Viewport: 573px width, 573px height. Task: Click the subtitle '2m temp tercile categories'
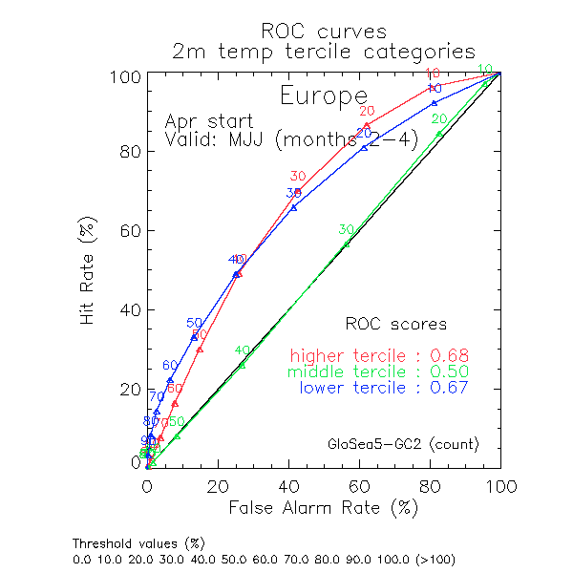322,51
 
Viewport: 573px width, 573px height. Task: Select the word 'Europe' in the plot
323,95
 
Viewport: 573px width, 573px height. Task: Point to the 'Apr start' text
209,121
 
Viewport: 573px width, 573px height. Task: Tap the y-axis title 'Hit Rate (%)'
88,268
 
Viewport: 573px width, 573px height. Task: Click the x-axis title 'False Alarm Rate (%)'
323,508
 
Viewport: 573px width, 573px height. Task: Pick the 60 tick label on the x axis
359,485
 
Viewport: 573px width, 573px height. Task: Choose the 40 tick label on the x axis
288,485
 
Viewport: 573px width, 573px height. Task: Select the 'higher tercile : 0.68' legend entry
379,356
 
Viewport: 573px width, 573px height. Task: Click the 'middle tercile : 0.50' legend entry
379,371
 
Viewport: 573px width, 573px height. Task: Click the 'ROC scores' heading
395,324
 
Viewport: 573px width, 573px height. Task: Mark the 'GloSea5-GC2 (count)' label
403,444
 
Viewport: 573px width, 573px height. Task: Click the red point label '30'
298,177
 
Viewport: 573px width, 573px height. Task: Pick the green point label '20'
439,119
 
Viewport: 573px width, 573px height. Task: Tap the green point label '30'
346,229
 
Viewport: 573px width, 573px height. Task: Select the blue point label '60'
170,365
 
